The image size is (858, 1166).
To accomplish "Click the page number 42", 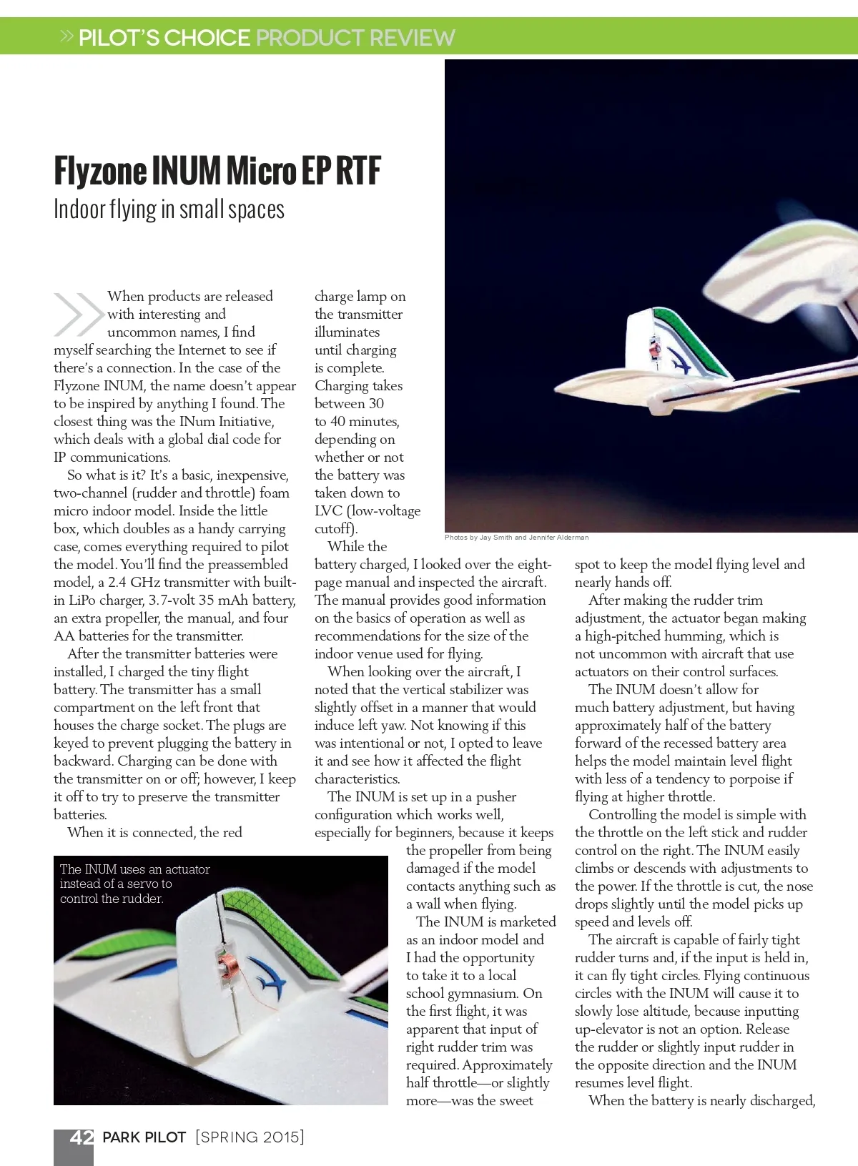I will [x=82, y=1137].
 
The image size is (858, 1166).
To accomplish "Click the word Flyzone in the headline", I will [x=100, y=171].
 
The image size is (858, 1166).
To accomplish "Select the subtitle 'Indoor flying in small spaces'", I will [x=169, y=209].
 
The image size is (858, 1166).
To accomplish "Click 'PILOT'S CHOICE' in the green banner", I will [x=164, y=37].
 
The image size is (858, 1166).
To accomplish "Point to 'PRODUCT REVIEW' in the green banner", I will [x=355, y=37].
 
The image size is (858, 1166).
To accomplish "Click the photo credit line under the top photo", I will [x=516, y=537].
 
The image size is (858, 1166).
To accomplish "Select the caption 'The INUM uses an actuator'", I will [x=134, y=869].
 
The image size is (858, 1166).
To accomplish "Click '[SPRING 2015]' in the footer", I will [x=250, y=1137].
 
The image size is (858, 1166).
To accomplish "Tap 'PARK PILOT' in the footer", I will [x=144, y=1137].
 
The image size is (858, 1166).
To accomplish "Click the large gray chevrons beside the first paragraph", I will [x=78, y=314].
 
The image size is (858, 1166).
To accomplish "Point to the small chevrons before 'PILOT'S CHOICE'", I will [x=67, y=36].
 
